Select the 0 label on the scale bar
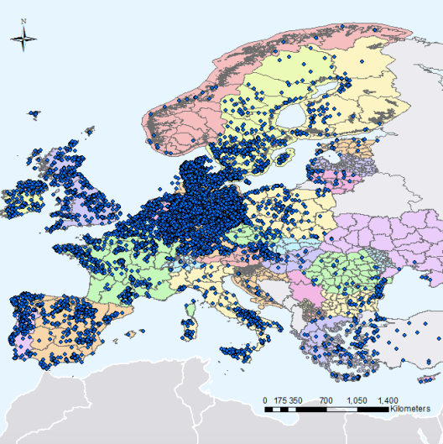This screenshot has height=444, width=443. [x=265, y=401]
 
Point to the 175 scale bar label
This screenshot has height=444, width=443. [x=279, y=401]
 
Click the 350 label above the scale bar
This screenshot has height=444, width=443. [x=295, y=401]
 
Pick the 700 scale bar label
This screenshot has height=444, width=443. [x=327, y=401]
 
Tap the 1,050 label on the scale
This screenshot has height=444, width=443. [x=357, y=401]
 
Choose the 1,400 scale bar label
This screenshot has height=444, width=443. [x=388, y=401]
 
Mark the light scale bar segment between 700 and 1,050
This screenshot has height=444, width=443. [x=342, y=410]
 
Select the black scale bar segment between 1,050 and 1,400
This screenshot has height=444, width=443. [x=373, y=410]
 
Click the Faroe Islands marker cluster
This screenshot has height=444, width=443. [x=35, y=113]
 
